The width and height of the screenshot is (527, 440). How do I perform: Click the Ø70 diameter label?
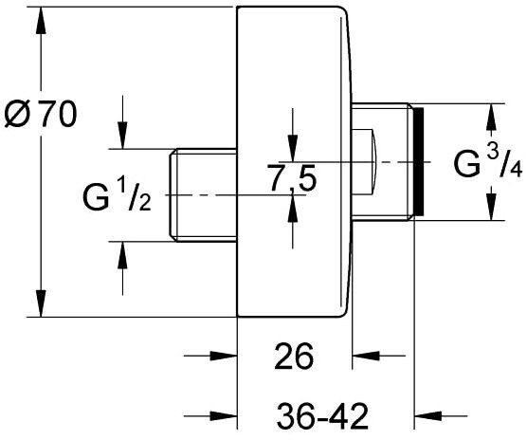41,114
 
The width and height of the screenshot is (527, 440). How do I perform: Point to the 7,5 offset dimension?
291,177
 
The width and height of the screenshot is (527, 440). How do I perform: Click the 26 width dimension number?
294,356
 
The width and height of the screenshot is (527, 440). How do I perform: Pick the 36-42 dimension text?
322,416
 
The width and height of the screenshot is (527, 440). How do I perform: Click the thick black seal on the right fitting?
418,161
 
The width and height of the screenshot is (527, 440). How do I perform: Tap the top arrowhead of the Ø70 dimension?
41,20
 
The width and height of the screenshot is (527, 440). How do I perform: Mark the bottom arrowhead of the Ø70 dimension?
41,303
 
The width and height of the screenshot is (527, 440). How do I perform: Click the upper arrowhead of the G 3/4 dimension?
491,117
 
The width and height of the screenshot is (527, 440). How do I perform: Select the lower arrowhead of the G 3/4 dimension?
491,208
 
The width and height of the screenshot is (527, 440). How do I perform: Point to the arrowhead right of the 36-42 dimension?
427,415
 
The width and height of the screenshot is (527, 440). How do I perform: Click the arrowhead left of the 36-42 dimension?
224,415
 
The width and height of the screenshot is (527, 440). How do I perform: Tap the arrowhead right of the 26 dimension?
366,356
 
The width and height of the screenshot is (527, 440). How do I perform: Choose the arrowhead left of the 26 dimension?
224,356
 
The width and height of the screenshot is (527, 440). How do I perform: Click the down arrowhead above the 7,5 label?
293,148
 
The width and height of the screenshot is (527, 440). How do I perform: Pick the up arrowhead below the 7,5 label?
293,209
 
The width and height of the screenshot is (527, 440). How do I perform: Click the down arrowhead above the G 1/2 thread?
122,136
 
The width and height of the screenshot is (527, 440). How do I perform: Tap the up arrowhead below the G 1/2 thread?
122,255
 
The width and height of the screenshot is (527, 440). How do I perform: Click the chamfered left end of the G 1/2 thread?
173,195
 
